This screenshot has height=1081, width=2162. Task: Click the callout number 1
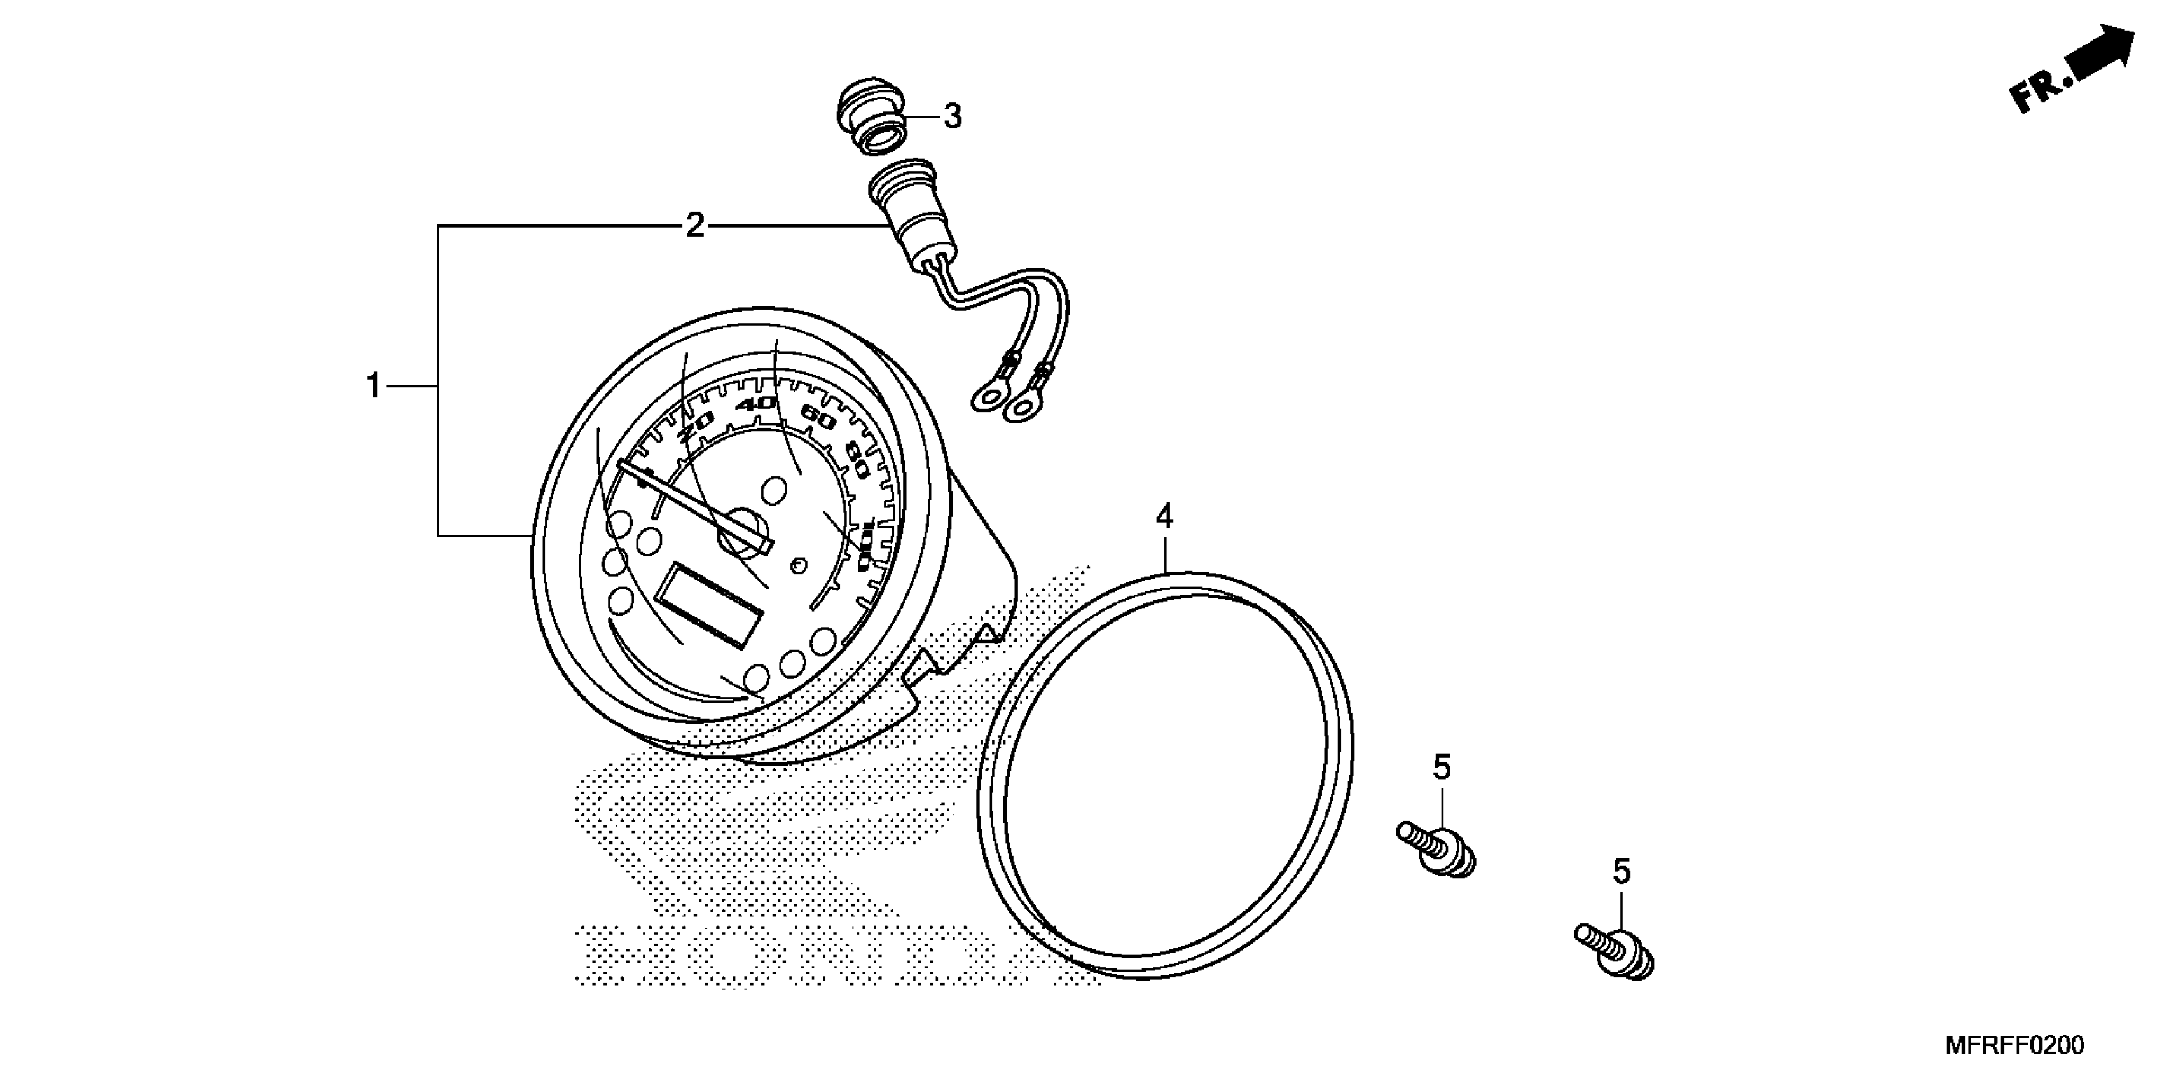pos(373,386)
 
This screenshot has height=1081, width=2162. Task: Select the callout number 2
pos(694,225)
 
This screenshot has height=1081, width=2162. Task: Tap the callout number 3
pos(952,116)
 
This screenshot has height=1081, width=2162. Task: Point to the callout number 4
pos(1164,517)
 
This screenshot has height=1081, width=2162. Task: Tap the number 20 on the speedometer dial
pos(695,426)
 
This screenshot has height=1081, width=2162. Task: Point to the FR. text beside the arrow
pos(2041,90)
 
